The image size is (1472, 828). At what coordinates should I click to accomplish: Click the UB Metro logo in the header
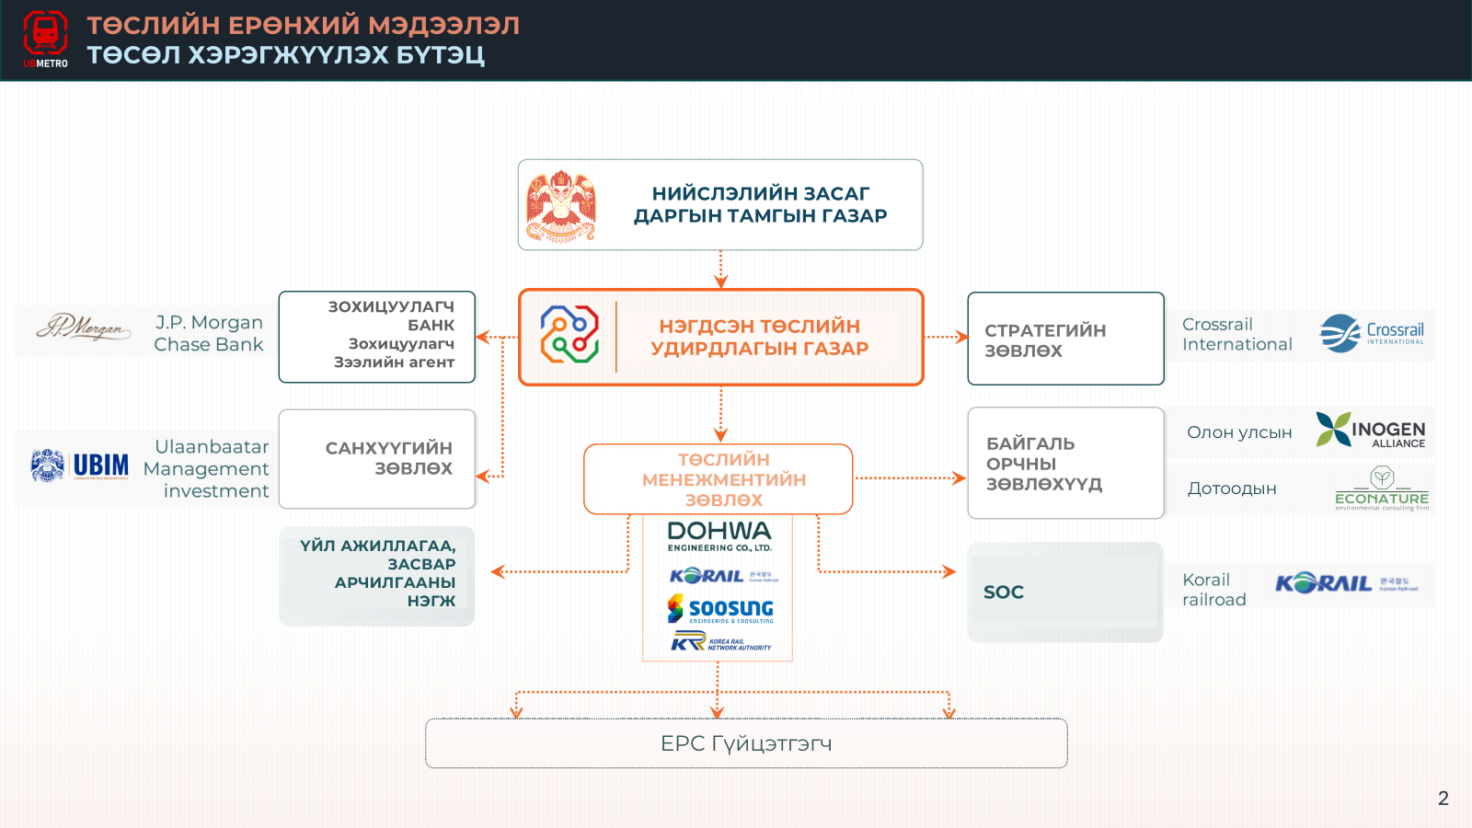tap(45, 39)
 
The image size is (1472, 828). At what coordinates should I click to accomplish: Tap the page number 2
tap(1443, 798)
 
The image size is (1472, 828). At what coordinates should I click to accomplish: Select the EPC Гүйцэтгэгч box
tap(746, 743)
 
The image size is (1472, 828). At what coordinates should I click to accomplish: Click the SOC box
tap(1065, 592)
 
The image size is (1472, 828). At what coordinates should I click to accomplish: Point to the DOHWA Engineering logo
tap(719, 535)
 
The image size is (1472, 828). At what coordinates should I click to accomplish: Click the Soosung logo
tap(720, 609)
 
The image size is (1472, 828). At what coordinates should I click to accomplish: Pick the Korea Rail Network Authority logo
tap(720, 642)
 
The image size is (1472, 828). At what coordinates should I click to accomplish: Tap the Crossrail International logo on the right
tap(1372, 334)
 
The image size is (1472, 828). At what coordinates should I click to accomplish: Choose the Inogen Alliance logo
tap(1370, 431)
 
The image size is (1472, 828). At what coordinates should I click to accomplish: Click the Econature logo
tap(1382, 489)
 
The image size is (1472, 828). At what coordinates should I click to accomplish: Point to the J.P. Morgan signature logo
tap(83, 328)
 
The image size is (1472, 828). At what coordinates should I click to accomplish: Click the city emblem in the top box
tap(561, 206)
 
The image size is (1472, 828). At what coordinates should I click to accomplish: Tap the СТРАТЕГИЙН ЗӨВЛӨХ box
tap(1065, 339)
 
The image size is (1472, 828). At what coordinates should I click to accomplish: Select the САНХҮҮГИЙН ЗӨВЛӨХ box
tap(377, 458)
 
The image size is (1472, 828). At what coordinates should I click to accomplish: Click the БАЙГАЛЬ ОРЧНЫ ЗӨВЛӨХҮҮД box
tap(1065, 464)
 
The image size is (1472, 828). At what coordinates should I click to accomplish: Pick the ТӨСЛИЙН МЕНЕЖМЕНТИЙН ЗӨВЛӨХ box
tap(719, 479)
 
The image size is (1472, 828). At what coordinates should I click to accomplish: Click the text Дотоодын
tap(1232, 489)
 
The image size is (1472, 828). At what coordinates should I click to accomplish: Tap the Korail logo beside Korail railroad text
tap(1345, 583)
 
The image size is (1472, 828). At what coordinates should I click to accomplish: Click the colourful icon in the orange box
tap(569, 334)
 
